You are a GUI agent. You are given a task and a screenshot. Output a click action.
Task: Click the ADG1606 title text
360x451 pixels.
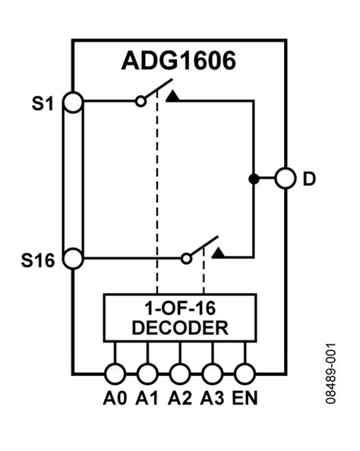pos(179,61)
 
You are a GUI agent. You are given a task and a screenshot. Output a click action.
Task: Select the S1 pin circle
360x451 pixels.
pos(73,102)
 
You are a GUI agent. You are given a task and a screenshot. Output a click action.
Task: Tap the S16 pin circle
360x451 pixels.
pos(73,258)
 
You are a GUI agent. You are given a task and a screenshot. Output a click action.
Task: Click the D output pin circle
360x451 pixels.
pos(286,179)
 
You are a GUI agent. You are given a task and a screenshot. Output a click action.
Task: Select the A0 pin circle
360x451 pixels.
pos(115,373)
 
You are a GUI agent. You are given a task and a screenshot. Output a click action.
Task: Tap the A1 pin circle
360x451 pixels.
pos(147,373)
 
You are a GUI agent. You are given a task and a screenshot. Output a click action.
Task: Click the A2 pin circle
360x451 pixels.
pos(180,373)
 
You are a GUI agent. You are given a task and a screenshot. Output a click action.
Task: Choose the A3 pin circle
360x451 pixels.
pos(213,373)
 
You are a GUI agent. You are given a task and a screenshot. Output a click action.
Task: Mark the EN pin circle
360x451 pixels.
pos(245,373)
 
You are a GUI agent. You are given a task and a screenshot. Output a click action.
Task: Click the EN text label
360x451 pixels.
pos(245,397)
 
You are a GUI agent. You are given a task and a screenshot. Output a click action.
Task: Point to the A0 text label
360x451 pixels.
pos(115,397)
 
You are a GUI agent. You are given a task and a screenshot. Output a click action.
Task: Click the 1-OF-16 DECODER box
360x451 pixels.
pos(179,318)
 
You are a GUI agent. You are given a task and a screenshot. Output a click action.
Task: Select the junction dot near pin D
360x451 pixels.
pos(252,179)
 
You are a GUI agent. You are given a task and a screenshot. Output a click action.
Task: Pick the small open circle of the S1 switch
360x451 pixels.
pos(141,101)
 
